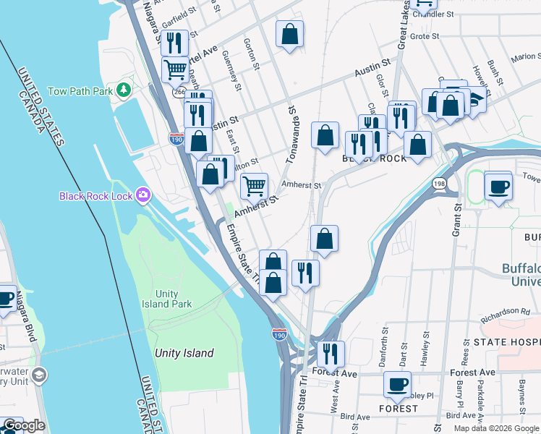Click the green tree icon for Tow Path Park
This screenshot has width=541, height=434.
pyautogui.click(x=124, y=90)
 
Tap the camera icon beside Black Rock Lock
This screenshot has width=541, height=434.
pyautogui.click(x=144, y=195)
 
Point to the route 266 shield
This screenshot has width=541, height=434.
pyautogui.click(x=179, y=93)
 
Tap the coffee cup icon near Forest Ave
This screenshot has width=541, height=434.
pyautogui.click(x=397, y=384)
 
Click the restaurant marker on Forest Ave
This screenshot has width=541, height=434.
pyautogui.click(x=331, y=354)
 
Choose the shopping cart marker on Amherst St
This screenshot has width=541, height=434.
pyautogui.click(x=254, y=186)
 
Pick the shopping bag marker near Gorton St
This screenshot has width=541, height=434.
pyautogui.click(x=289, y=34)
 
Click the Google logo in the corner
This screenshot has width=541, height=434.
pyautogui.click(x=24, y=425)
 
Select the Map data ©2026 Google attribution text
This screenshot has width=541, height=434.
pyautogui.click(x=495, y=428)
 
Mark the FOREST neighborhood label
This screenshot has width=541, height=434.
pyautogui.click(x=398, y=408)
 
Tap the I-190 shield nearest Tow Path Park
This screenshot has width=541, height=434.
pyautogui.click(x=176, y=137)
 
